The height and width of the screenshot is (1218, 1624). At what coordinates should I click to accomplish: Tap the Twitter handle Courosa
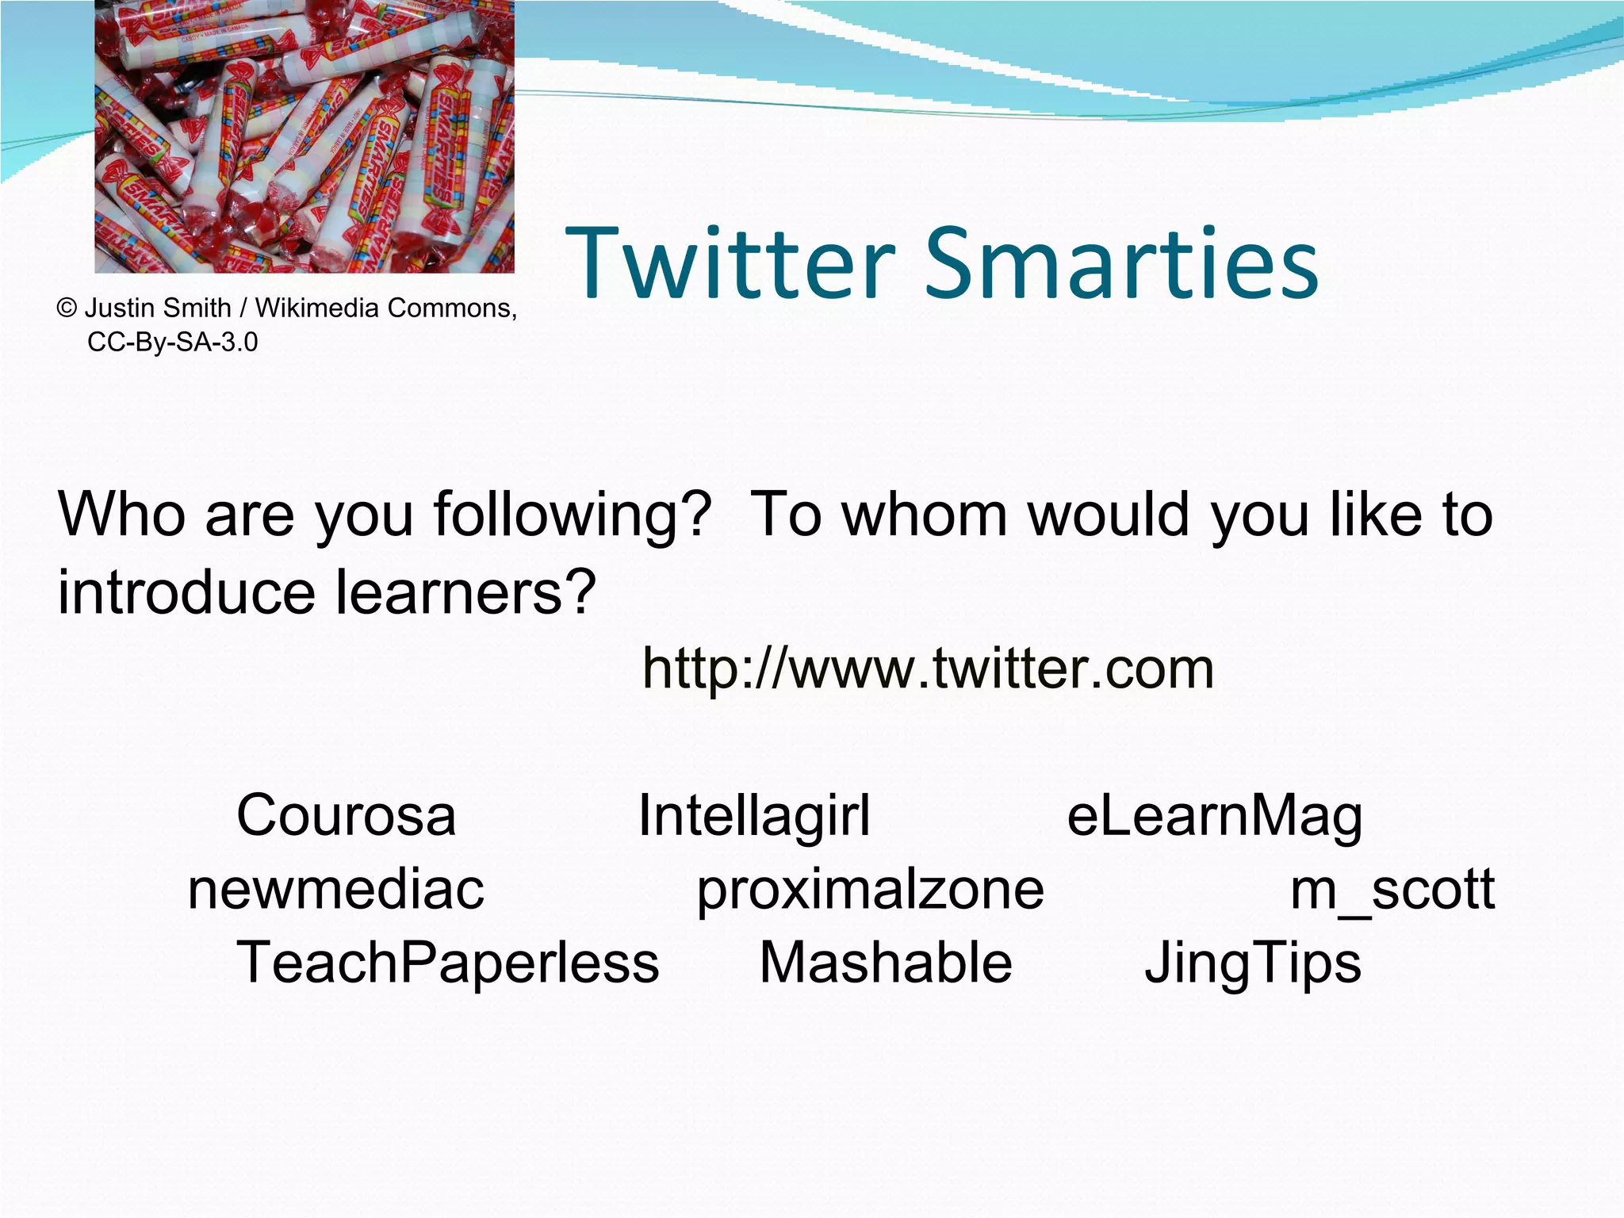[347, 814]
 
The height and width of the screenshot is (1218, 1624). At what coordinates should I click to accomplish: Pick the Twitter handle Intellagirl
[754, 814]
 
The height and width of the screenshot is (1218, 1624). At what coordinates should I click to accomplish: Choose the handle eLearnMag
[1214, 816]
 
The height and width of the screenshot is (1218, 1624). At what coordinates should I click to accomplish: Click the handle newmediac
[335, 889]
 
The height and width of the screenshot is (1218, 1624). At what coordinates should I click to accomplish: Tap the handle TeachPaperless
[448, 963]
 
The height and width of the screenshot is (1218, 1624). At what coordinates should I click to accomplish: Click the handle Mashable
[886, 963]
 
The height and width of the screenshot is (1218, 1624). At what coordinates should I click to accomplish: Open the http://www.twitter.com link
[928, 668]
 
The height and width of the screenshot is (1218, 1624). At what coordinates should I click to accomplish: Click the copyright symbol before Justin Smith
[67, 308]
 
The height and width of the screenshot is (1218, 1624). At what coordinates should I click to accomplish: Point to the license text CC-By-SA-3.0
[173, 342]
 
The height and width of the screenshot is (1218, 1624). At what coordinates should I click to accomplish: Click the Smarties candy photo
[304, 136]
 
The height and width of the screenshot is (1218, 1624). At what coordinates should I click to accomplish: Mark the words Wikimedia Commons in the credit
[385, 308]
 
